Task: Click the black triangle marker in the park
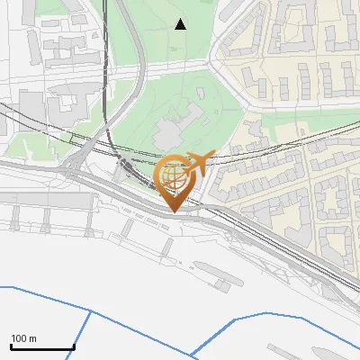(x=181, y=24)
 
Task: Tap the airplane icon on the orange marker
(x=198, y=163)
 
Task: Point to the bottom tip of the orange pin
(x=175, y=212)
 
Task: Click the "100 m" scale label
(x=23, y=338)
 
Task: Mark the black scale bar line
(x=42, y=347)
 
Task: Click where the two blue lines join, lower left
(x=91, y=310)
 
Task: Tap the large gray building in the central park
(x=171, y=132)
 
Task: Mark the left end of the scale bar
(x=11, y=347)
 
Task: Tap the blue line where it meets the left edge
(x=2, y=286)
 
